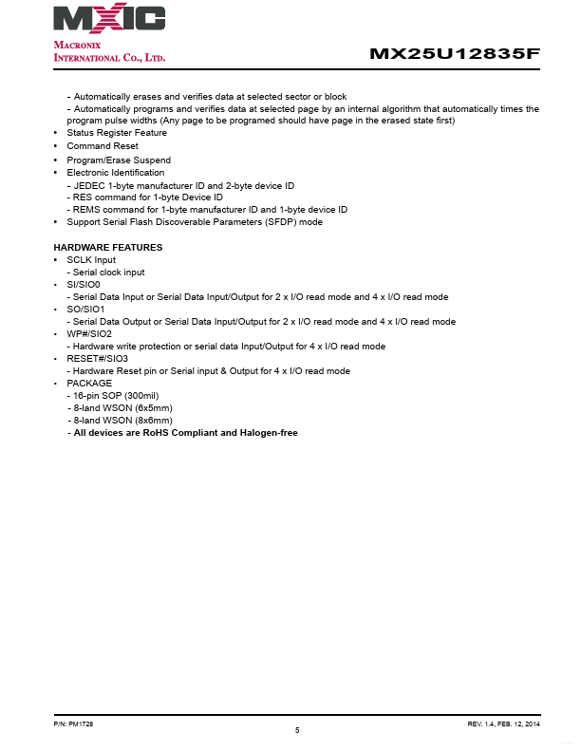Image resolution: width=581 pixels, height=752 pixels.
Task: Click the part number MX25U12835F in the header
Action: tap(455, 54)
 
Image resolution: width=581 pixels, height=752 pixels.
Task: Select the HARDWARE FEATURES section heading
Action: tap(107, 248)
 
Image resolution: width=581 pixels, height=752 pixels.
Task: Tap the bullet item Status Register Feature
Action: tap(116, 133)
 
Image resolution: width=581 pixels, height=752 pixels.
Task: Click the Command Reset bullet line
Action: tap(102, 146)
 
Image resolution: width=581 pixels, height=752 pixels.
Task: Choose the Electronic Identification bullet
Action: tap(115, 173)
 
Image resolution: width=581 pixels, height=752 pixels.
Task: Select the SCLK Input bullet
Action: tap(90, 260)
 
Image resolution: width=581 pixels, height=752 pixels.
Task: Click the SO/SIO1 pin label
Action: tap(84, 310)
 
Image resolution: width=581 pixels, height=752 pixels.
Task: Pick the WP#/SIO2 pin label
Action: tap(88, 334)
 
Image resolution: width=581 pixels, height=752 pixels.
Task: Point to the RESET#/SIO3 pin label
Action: tap(97, 359)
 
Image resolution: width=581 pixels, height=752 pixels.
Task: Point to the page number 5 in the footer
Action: tap(297, 730)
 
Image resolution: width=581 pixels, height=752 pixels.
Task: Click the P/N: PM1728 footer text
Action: tap(72, 724)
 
